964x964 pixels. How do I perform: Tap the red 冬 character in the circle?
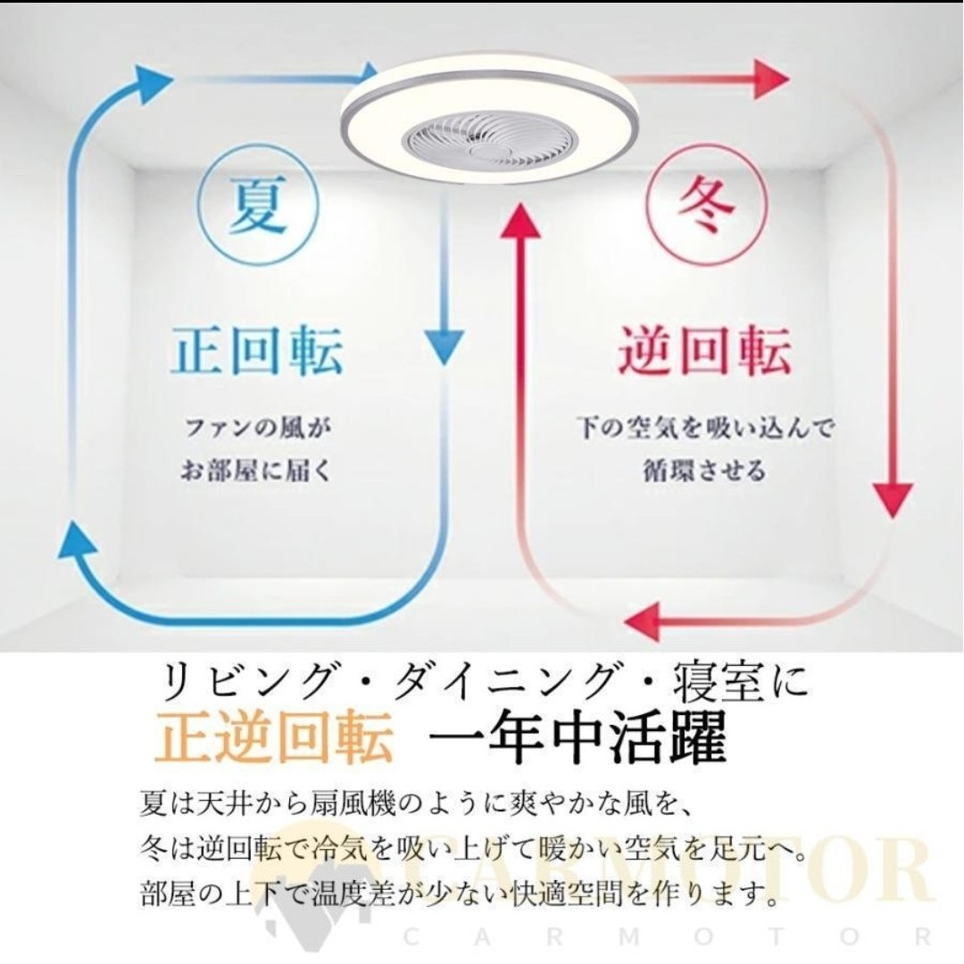(706, 206)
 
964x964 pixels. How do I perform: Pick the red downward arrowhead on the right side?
(892, 499)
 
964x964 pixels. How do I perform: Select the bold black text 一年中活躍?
(577, 736)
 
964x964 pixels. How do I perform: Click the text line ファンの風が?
(258, 428)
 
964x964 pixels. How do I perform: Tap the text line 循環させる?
(704, 471)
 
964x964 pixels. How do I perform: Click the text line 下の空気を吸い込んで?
(704, 428)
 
